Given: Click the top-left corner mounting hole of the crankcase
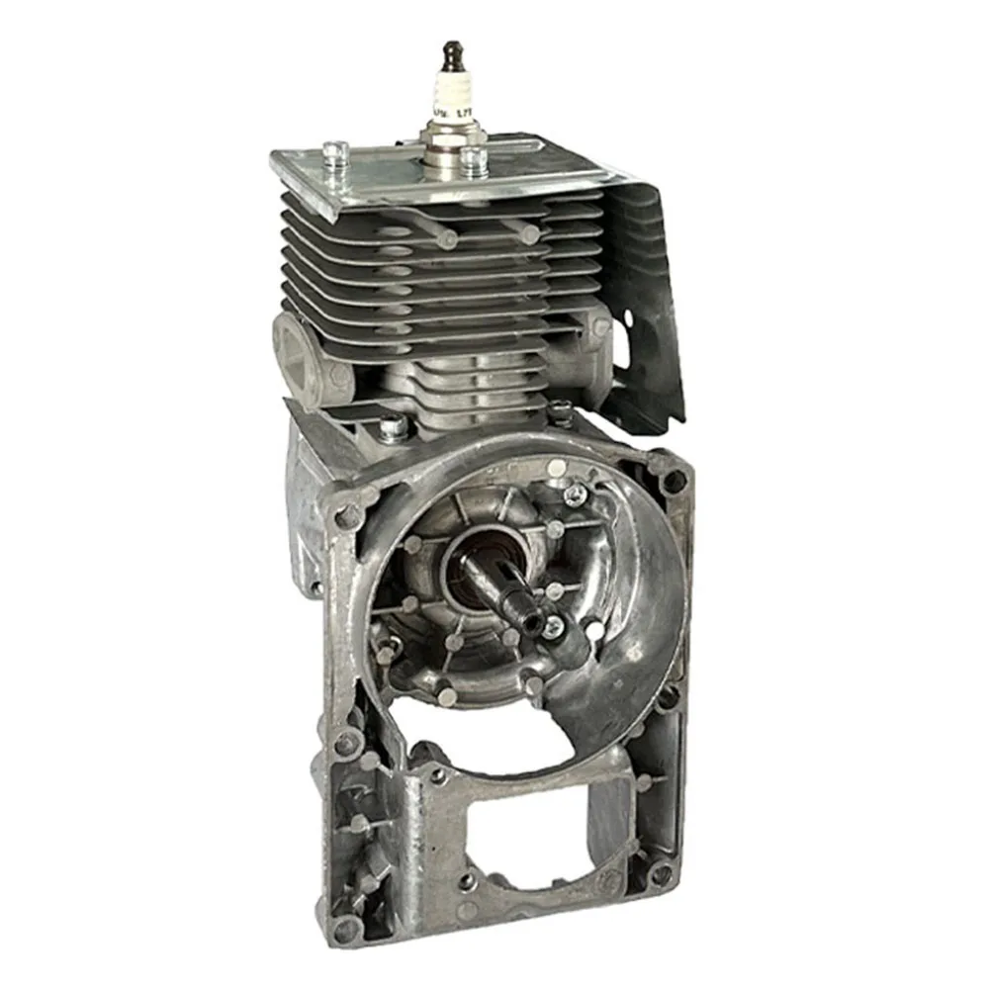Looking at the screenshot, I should [347, 515].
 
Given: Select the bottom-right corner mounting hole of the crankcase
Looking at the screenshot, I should [661, 871].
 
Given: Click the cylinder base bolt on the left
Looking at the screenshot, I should [392, 427].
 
